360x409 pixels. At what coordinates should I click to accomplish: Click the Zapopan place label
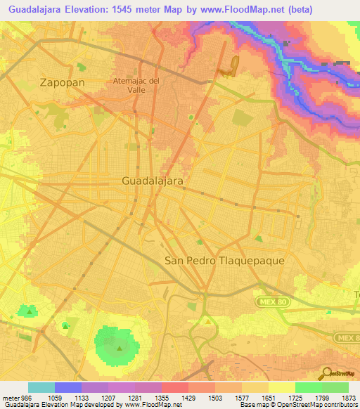tap(63, 82)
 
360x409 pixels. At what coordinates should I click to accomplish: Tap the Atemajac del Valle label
tap(136, 85)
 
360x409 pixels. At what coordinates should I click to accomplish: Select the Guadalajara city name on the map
tap(153, 181)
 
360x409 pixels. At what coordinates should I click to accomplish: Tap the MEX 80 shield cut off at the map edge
tap(349, 338)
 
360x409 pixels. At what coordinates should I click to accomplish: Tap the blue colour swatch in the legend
tap(68, 387)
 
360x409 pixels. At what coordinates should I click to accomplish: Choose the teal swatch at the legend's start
tap(41, 387)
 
